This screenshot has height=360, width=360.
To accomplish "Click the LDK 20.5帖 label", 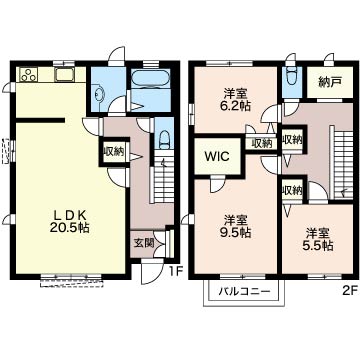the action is [x=70, y=221].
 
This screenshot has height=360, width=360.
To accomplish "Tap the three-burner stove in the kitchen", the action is [x=28, y=75].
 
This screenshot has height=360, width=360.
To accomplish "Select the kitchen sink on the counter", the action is [x=65, y=74].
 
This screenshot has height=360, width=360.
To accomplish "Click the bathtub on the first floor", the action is [x=151, y=78].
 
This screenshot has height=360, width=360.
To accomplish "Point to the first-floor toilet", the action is [x=164, y=138].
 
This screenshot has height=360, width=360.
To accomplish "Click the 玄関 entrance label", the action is [x=144, y=243].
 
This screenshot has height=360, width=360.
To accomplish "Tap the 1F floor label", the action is [x=176, y=272].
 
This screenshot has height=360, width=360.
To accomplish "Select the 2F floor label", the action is [x=350, y=292].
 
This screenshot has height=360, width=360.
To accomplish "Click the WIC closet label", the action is [x=217, y=156].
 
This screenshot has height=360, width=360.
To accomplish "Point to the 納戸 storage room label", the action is [x=330, y=83].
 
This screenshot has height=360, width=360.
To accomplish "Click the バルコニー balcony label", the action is [x=244, y=292].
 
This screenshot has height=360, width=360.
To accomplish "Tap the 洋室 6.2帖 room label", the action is [x=235, y=100].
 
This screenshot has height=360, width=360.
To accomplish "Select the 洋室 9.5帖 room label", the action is [x=237, y=226].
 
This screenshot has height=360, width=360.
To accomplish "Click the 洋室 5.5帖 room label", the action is [x=319, y=239].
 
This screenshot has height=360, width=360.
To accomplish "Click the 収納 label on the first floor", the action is [x=114, y=152].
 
